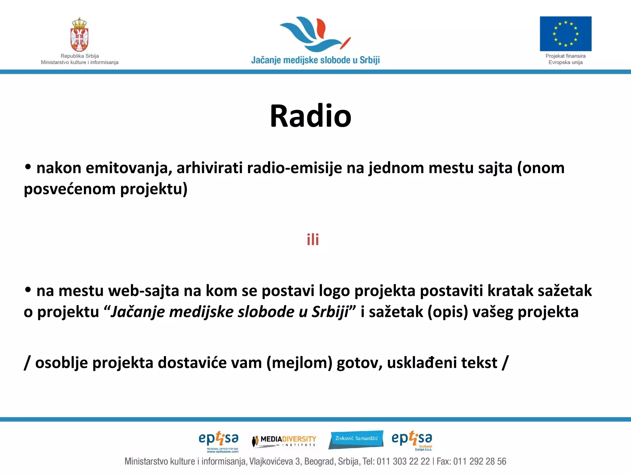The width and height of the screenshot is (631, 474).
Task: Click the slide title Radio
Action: pos(311,116)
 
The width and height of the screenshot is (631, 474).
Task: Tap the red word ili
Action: pos(313,239)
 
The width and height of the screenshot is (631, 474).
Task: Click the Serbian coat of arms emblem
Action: pos(79,35)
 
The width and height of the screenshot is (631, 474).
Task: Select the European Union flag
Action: pos(565,34)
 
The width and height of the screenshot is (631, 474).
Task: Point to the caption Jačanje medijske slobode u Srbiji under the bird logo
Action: pos(315,60)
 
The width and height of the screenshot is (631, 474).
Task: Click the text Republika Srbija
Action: pos(79,56)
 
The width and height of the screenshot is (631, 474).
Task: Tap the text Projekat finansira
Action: pos(565,56)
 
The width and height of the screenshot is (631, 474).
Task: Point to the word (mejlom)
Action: pos(299,363)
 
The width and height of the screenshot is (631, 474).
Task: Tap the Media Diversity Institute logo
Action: pos(284,441)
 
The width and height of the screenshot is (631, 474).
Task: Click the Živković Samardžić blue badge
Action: pos(356,439)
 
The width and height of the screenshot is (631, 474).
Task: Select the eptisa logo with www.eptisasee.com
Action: pos(218,441)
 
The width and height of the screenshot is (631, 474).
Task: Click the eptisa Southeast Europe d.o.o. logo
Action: pos(412,440)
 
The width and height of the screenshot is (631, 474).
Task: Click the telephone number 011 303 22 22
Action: pos(403,461)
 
